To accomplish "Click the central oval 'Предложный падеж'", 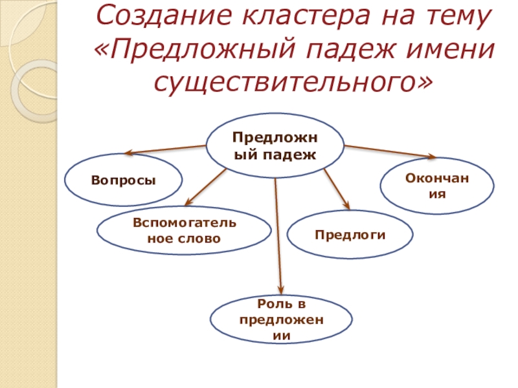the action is tap(275, 145).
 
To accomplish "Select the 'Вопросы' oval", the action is tap(123, 180).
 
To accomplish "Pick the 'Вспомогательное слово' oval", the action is tap(184, 231).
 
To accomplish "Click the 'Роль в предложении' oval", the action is tap(281, 319).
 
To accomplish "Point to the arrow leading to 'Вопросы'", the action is tap(165, 149).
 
